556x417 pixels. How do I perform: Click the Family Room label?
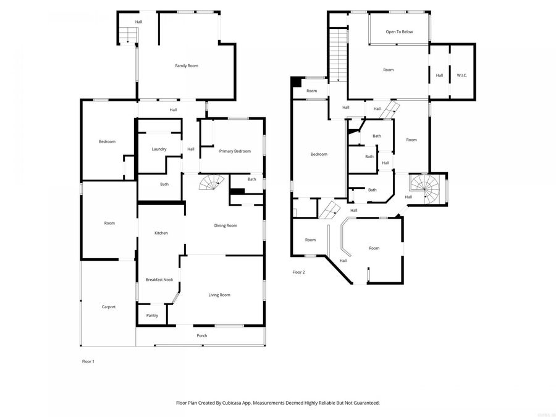click(x=186, y=65)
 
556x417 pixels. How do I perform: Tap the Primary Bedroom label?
click(x=235, y=151)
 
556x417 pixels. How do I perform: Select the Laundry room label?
click(x=159, y=149)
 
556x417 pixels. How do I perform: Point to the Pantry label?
click(x=152, y=315)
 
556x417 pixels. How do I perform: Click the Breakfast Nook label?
click(x=158, y=280)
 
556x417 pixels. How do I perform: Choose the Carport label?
click(x=109, y=306)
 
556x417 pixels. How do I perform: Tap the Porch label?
click(x=202, y=335)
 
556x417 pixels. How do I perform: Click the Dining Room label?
click(x=225, y=225)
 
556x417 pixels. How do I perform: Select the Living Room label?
click(x=219, y=295)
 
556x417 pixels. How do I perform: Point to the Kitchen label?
click(x=161, y=233)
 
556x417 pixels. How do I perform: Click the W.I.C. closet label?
click(x=462, y=75)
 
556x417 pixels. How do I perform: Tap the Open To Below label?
click(x=399, y=32)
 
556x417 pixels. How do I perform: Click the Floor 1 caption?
click(x=88, y=361)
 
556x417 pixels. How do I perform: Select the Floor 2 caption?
click(x=298, y=272)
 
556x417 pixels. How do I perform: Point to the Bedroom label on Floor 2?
click(x=319, y=154)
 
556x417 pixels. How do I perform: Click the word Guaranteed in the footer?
click(x=365, y=403)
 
